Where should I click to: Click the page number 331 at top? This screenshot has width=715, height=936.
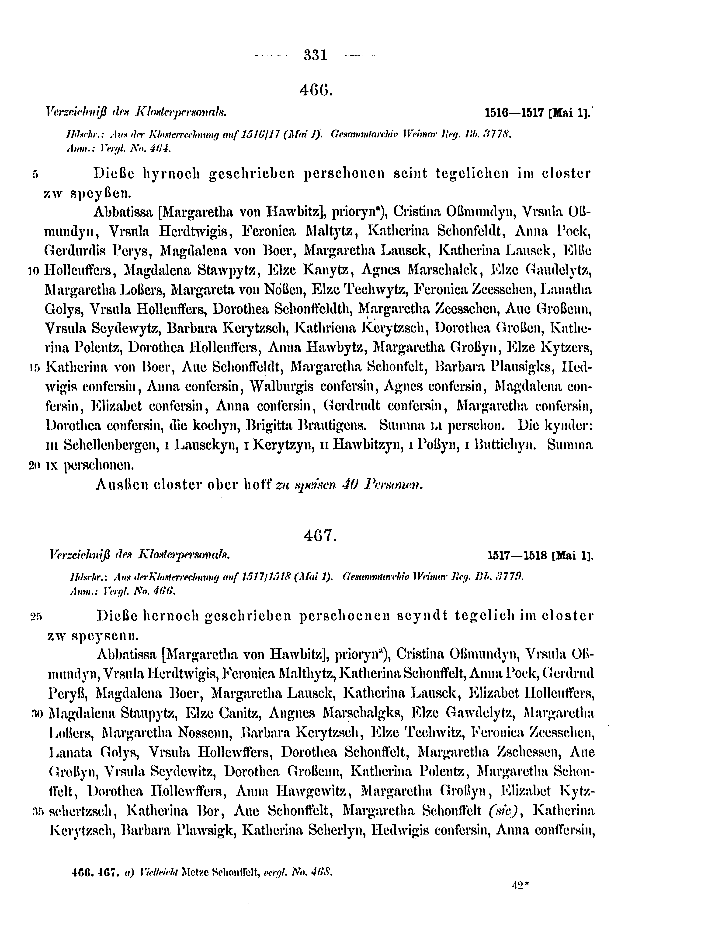click(x=315, y=55)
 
